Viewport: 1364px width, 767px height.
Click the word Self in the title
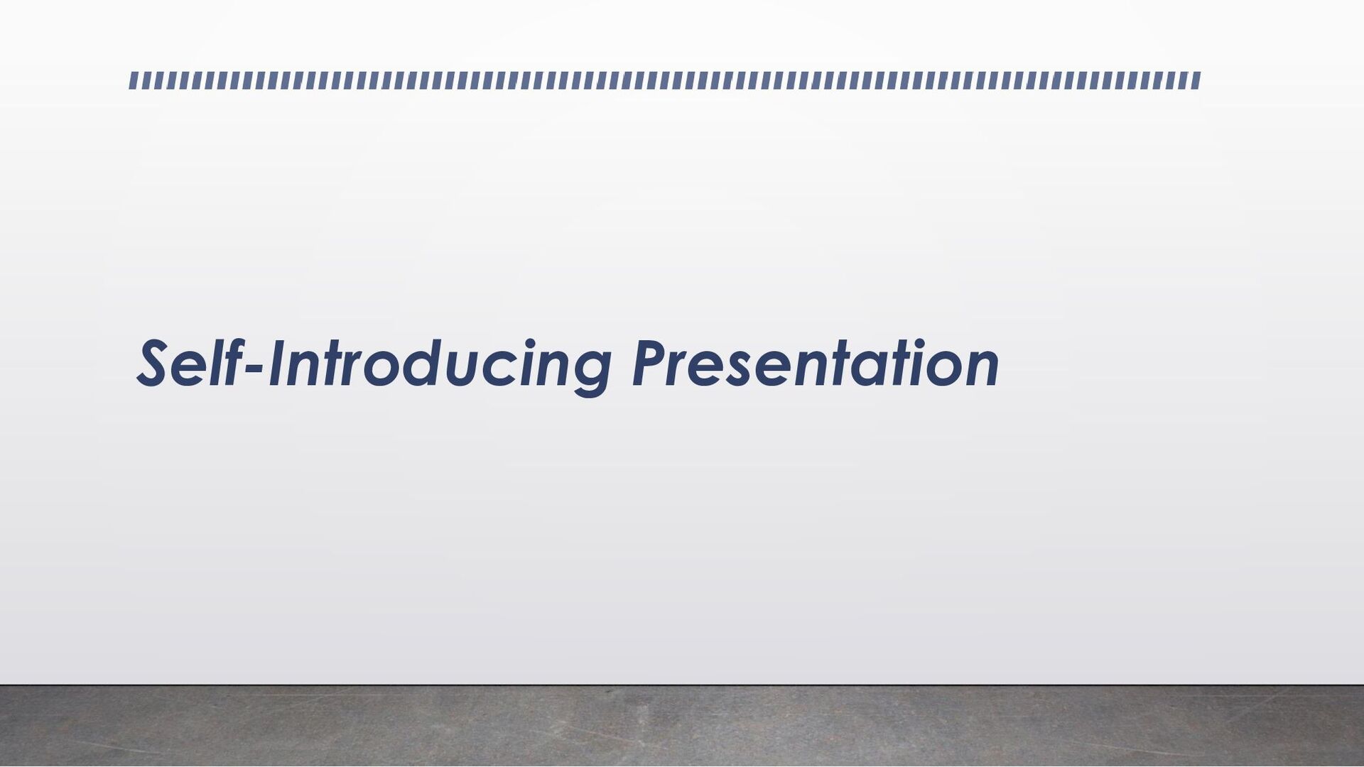coord(188,364)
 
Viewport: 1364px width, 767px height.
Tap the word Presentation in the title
coord(816,364)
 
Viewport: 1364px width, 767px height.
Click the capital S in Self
coord(155,364)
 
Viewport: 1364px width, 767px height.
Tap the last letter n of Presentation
coord(980,370)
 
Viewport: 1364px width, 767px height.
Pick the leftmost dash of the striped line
coord(133,80)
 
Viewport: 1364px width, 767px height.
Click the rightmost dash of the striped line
coord(1196,80)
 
